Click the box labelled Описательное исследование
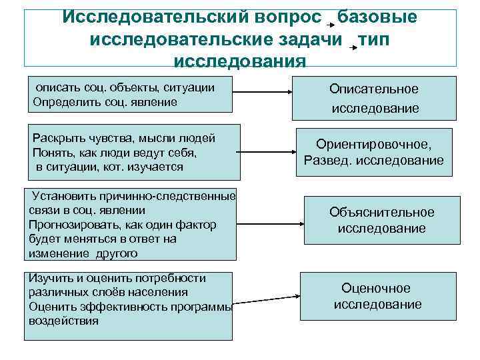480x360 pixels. [373, 98]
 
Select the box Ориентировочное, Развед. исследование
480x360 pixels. [373, 152]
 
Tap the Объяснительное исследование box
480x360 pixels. [381, 220]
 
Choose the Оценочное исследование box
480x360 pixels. [377, 296]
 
